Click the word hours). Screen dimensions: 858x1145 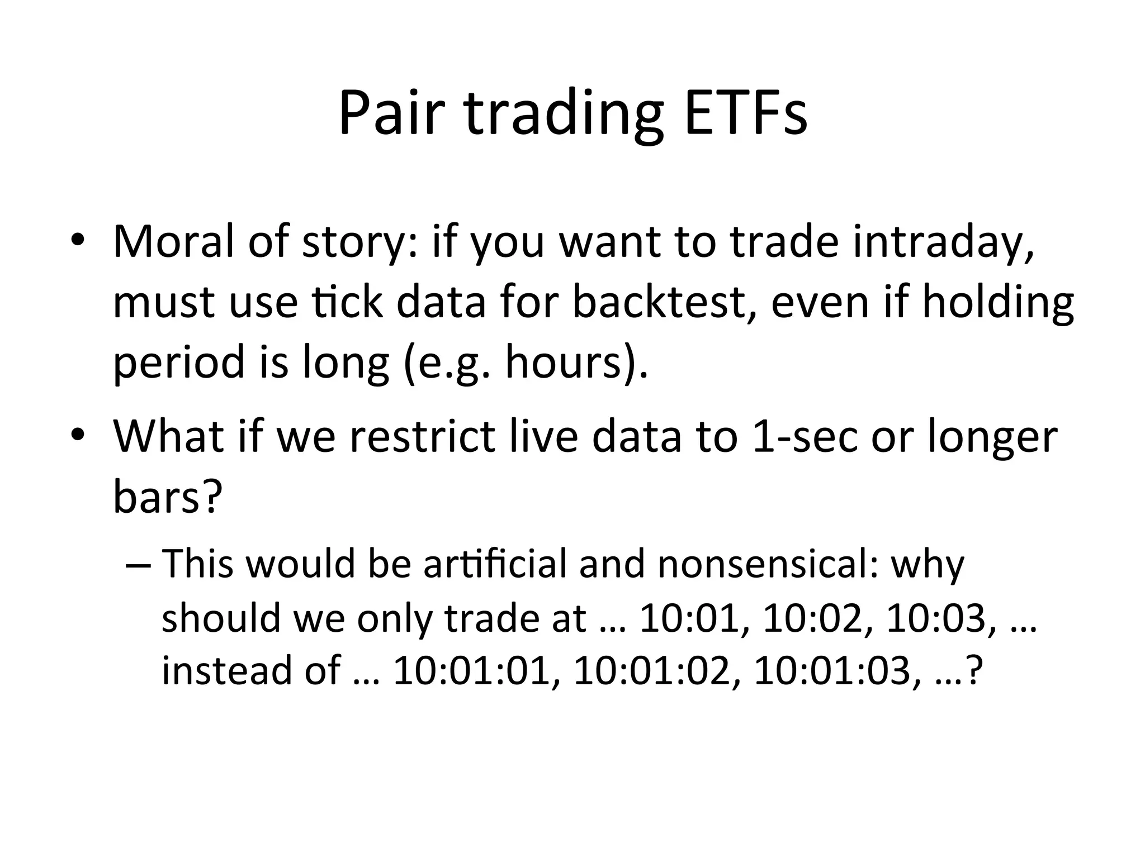pyautogui.click(x=576, y=362)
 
